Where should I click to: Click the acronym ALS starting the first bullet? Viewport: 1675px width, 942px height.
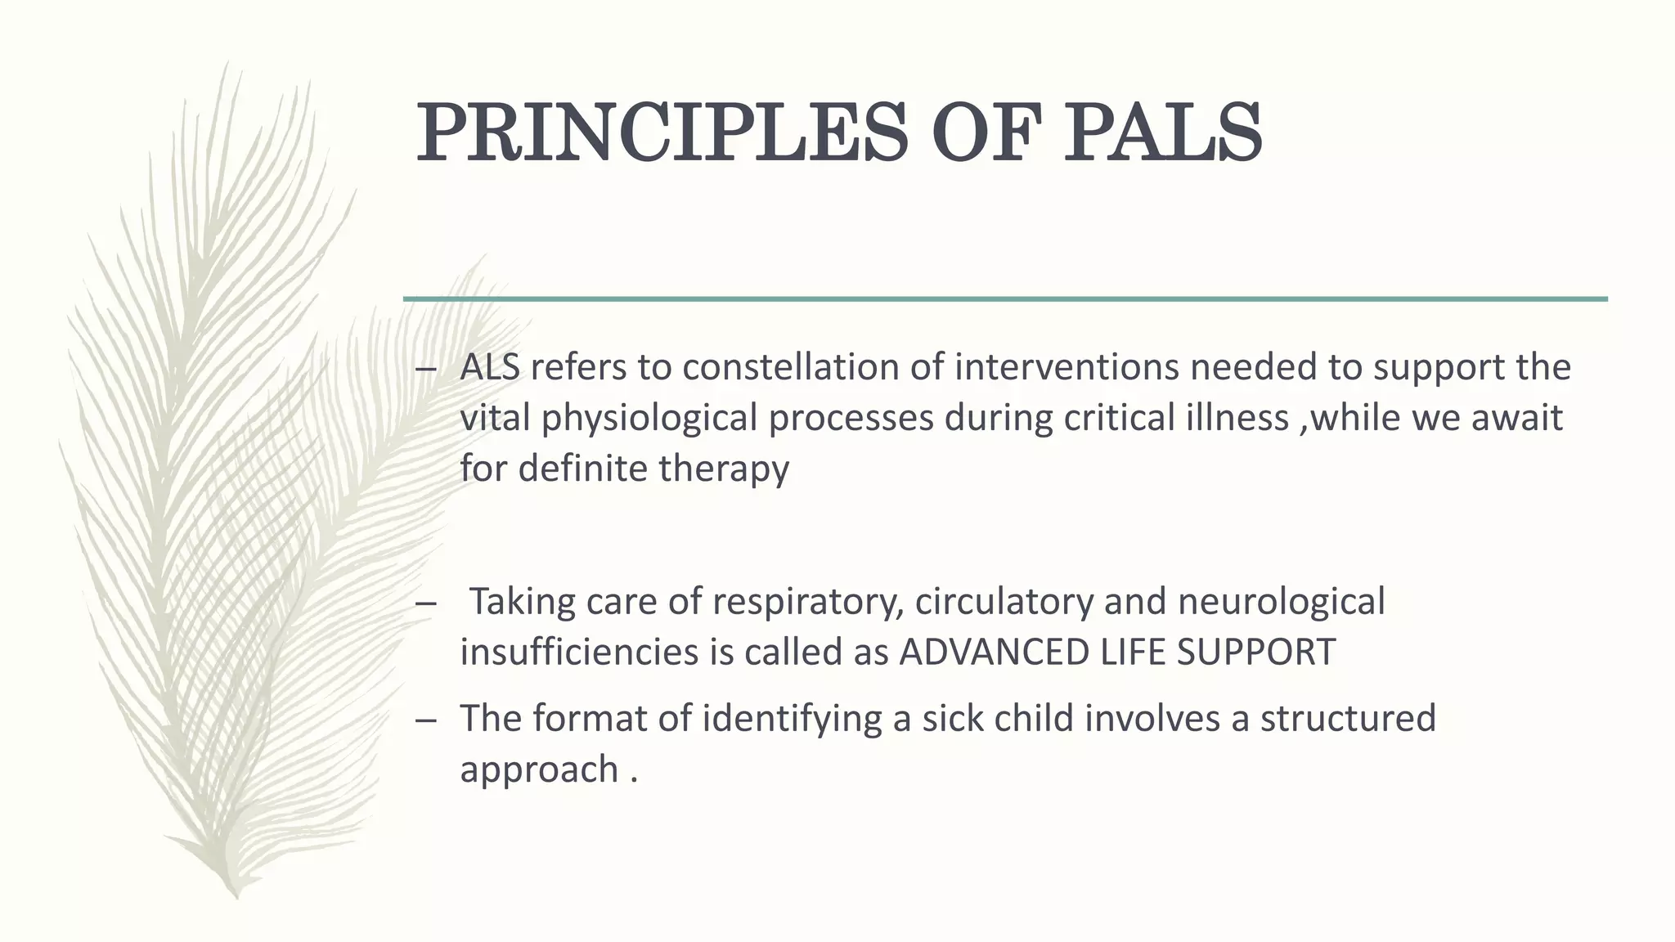[490, 368]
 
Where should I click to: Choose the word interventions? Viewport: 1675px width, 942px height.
[1067, 368]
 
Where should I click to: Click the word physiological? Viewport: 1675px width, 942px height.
[649, 419]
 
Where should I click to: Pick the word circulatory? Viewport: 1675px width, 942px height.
[1004, 602]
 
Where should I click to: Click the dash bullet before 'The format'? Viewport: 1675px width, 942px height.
[425, 720]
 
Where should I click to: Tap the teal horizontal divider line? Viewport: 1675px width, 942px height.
[1005, 299]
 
